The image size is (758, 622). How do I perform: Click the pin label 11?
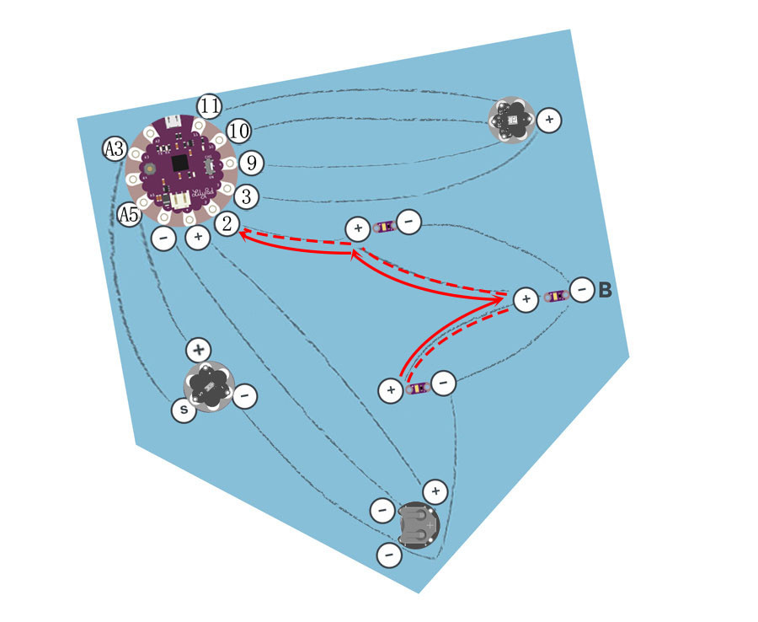210,107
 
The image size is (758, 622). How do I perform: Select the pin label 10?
239,131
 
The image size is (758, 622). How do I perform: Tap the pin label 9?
249,163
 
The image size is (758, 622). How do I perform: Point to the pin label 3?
246,196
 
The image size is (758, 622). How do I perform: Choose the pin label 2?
226,223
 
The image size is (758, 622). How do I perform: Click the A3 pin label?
114,150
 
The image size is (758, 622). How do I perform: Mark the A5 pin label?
128,215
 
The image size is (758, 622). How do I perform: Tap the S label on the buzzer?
184,410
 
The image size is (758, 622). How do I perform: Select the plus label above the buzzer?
198,349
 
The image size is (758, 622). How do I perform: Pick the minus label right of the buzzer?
245,394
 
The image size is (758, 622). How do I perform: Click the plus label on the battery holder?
435,491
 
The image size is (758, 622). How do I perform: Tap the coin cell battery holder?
418,525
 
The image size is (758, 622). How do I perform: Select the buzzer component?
207,386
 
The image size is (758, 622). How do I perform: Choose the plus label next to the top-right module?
549,121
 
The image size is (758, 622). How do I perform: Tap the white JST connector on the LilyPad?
181,200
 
